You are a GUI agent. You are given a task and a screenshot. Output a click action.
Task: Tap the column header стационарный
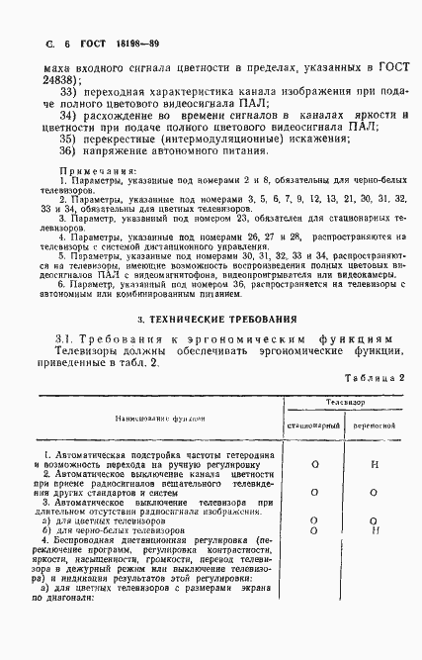click(x=313, y=425)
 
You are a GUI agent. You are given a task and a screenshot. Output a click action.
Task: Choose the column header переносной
click(x=375, y=425)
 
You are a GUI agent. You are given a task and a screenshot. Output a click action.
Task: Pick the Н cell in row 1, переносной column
click(x=375, y=462)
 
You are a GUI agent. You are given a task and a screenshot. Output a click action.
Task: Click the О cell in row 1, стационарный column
click(x=313, y=462)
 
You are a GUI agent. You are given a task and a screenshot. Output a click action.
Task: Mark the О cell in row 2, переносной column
click(x=375, y=492)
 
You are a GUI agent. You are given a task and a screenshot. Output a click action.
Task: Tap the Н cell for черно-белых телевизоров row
click(x=375, y=531)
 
